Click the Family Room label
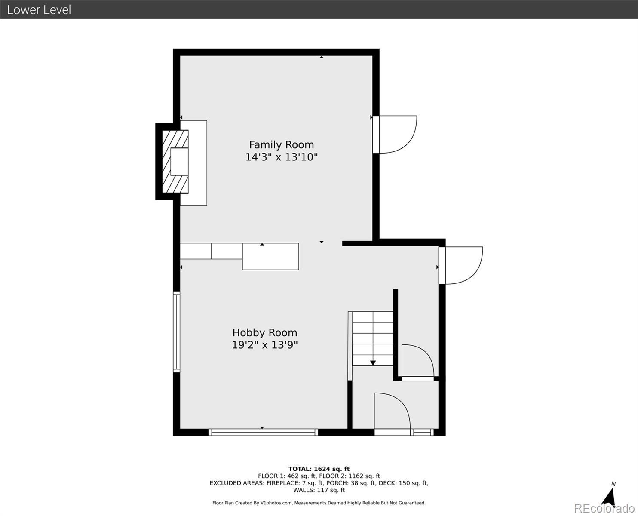[282, 145]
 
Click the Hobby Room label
[265, 333]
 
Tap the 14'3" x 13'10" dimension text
[282, 157]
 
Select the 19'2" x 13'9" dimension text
[265, 345]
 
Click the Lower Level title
[39, 10]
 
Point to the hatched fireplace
[175, 161]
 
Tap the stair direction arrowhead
[373, 363]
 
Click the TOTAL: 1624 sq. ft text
[319, 469]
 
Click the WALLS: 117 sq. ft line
[319, 490]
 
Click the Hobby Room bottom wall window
[263, 432]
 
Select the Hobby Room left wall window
[177, 332]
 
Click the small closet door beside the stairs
[418, 362]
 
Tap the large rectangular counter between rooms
[270, 256]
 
